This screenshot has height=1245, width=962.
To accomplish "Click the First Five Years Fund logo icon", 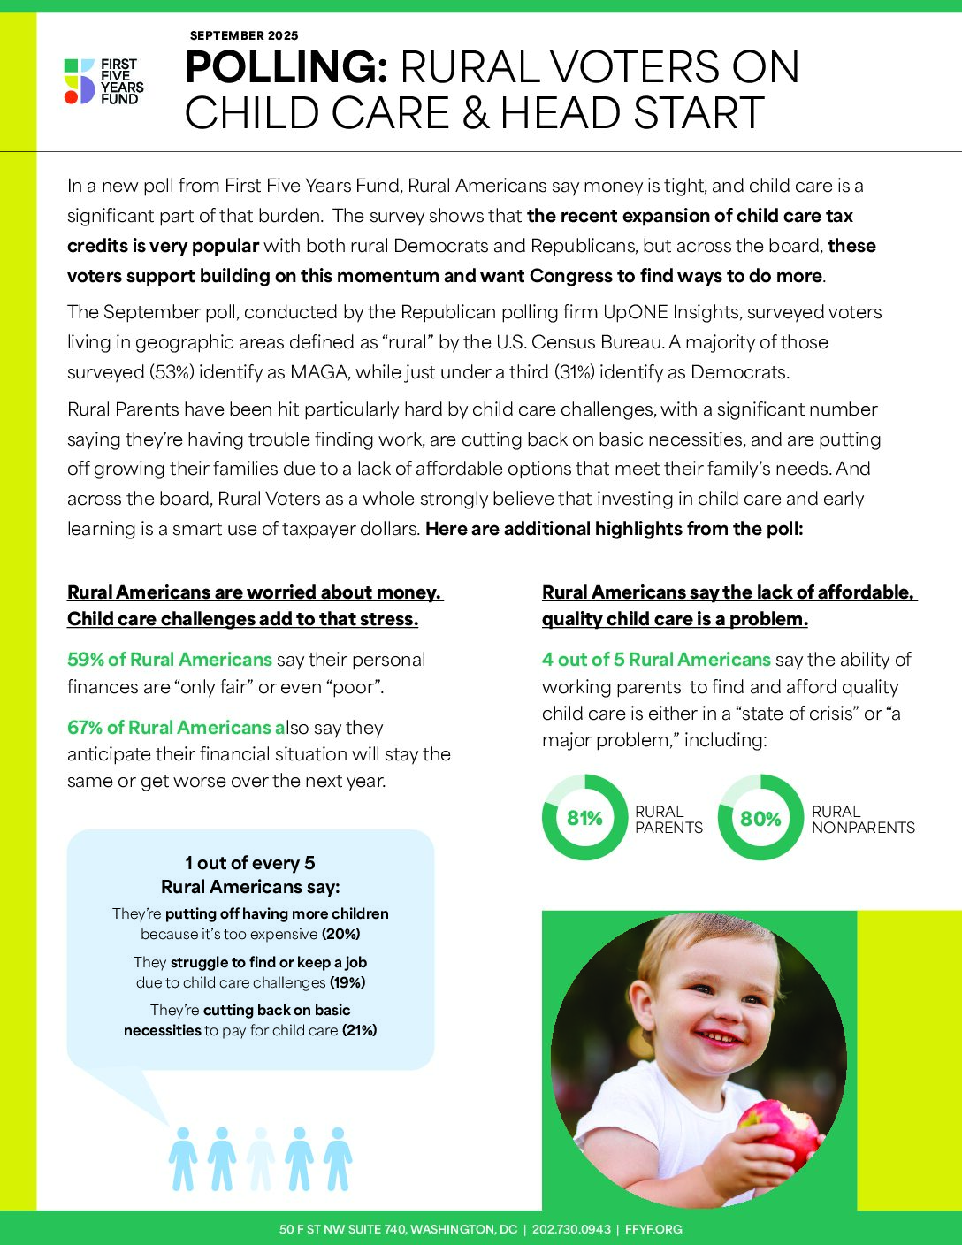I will [80, 81].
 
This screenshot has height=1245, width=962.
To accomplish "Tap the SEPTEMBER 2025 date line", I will [243, 36].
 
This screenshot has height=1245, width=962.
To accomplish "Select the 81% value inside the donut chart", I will [584, 819].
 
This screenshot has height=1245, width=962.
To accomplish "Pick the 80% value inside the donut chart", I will [760, 819].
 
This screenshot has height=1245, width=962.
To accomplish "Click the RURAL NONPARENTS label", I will [863, 820].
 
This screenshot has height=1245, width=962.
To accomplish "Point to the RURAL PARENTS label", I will [668, 820].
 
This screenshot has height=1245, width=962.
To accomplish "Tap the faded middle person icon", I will [260, 1159].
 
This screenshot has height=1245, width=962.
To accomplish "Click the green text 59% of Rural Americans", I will [170, 660].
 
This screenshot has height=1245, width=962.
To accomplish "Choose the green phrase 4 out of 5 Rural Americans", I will [656, 660].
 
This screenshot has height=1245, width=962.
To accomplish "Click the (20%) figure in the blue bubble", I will [340, 935].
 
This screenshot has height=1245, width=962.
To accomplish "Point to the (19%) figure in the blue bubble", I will [347, 982].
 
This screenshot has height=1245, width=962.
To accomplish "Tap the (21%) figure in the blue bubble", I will [359, 1030].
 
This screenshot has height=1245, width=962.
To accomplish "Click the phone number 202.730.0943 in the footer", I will [571, 1229].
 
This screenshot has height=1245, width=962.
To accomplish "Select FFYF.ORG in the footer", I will [653, 1229].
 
